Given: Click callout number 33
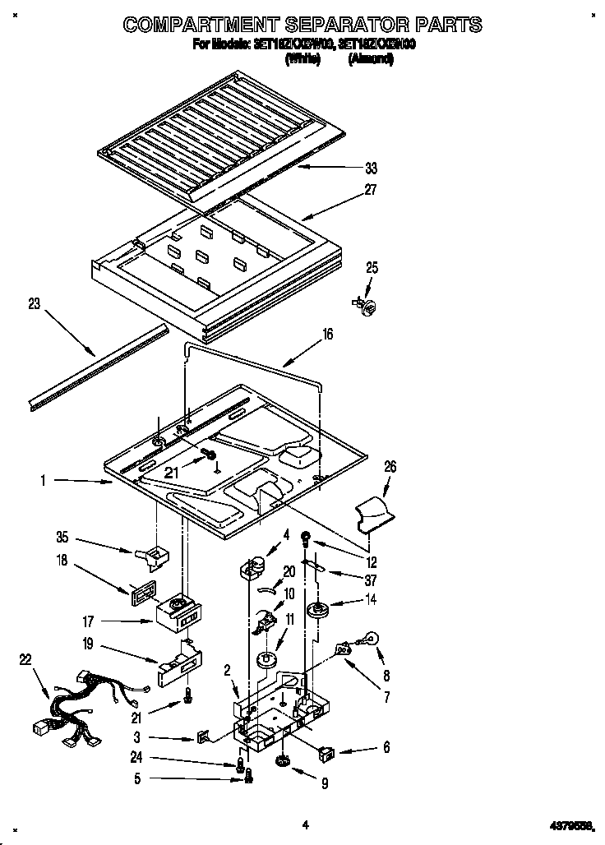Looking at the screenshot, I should point(371,169).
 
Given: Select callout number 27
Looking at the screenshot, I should point(371,190).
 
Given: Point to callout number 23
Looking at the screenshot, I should point(34,302).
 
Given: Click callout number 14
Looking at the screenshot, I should point(371,601).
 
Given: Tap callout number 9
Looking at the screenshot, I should point(324,784).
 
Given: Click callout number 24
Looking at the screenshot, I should point(136,757).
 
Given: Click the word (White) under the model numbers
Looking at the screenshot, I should point(302,60).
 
